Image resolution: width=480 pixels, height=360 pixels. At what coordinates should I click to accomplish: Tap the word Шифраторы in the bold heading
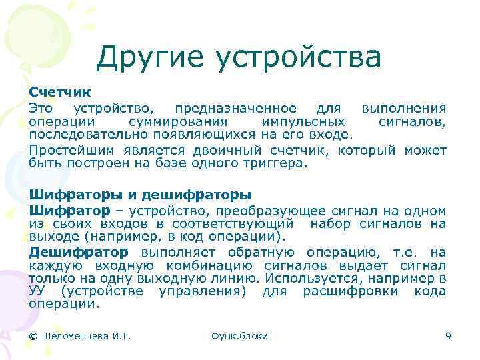tap(75, 195)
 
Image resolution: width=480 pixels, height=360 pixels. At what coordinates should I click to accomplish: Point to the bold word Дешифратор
tap(78, 252)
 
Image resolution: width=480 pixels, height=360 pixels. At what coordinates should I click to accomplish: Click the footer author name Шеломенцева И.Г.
tap(80, 336)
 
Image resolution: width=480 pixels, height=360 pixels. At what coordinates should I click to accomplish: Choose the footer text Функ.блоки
tap(239, 336)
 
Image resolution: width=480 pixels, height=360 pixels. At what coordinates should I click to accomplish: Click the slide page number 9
tap(448, 336)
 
